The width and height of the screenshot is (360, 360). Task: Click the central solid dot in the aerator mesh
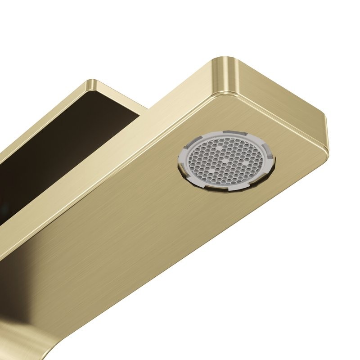click(x=224, y=160)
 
